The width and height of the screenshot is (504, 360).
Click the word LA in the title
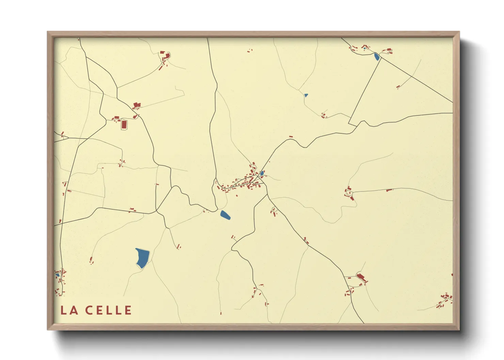(69, 310)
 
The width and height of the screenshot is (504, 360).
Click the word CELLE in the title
(108, 310)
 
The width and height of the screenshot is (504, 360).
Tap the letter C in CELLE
(89, 310)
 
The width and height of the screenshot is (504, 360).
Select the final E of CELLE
(128, 310)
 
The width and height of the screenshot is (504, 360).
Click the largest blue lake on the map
(142, 258)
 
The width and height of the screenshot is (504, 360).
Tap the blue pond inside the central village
(262, 173)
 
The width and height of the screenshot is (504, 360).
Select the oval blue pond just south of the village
(225, 215)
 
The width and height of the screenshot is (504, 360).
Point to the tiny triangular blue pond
(306, 95)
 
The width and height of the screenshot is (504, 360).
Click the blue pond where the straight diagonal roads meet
(376, 57)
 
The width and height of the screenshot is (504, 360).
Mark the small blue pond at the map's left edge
(58, 275)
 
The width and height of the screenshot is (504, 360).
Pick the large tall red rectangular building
(124, 124)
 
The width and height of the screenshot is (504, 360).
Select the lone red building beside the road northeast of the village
(291, 137)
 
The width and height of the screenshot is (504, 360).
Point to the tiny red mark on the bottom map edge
(221, 313)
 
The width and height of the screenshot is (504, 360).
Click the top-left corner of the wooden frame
(48, 32)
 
